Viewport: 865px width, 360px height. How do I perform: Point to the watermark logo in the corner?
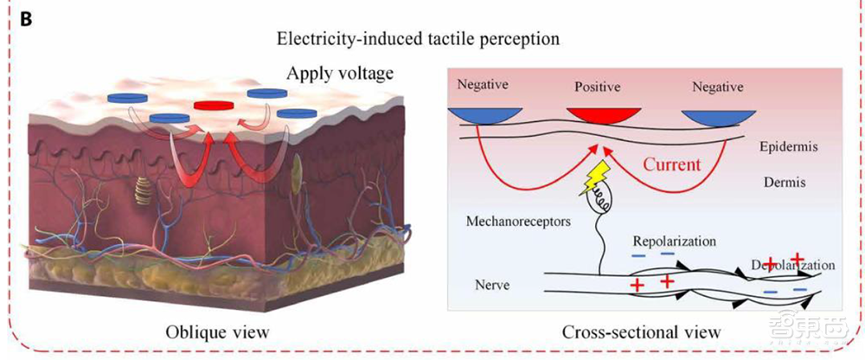point(826,337)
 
